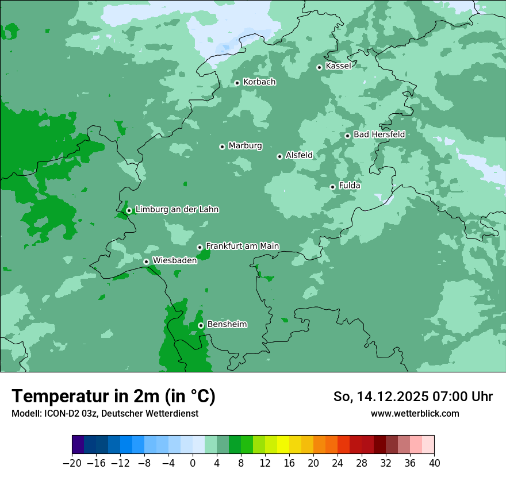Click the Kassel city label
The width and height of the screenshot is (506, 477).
[338, 66]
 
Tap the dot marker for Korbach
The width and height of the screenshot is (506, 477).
[237, 83]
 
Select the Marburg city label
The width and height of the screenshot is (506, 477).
[245, 146]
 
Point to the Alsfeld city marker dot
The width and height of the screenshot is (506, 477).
[279, 156]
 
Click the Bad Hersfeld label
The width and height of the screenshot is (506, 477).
[379, 134]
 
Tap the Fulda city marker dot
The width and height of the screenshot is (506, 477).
[332, 187]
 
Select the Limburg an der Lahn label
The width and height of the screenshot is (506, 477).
[177, 210]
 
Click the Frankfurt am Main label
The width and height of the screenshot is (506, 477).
[242, 246]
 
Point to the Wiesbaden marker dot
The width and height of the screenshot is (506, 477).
[147, 261]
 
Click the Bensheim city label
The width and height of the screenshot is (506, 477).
[227, 325]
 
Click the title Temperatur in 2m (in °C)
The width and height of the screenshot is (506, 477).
[113, 397]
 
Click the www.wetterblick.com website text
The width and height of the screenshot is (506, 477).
[415, 414]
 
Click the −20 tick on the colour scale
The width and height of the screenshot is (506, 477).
[72, 463]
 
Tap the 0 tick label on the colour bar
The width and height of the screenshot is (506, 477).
[193, 463]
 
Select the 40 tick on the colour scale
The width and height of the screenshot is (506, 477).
[434, 463]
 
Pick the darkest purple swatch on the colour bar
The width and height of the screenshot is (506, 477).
[78, 445]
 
